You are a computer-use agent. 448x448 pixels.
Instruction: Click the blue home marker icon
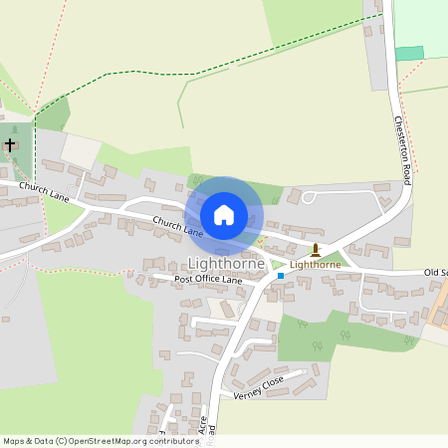[x=224, y=215]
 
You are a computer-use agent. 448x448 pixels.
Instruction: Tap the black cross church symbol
[x=10, y=145]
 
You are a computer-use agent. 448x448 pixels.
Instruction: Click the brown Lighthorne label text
[x=315, y=265]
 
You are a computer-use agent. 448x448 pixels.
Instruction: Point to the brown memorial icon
[x=316, y=249]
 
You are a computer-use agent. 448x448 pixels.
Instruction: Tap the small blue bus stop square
[x=281, y=275]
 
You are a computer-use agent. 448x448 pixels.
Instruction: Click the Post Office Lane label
[x=208, y=281]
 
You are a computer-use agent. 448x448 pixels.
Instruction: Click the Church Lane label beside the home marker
[x=178, y=225]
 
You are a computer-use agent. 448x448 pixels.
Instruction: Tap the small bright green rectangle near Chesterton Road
[x=409, y=53]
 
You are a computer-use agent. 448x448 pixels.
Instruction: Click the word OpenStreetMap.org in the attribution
[x=111, y=441]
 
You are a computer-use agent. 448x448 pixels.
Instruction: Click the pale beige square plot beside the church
[x=81, y=149]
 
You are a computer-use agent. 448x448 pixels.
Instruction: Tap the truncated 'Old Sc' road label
[x=435, y=272]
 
